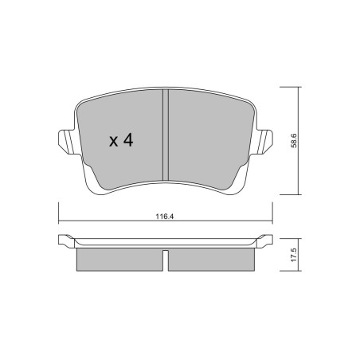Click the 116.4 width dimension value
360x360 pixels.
tap(165, 217)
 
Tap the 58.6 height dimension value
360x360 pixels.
tap(294, 141)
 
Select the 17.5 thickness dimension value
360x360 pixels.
tap(294, 255)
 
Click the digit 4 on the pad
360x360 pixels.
tap(128, 140)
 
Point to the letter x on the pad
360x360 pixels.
tap(113, 142)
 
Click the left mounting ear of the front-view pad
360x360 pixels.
tap(67, 142)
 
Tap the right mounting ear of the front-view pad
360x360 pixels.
tap(264, 142)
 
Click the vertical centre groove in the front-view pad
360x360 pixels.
tap(166, 135)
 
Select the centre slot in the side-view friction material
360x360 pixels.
tap(165, 260)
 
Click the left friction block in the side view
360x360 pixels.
tap(119, 260)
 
